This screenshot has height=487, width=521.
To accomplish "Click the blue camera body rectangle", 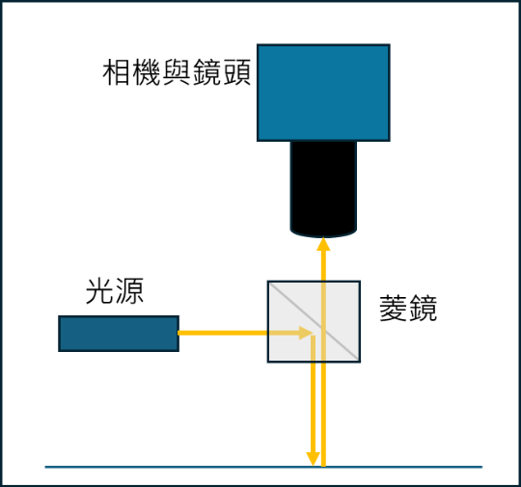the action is (323, 93).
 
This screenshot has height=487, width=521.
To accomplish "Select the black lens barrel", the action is (323, 189).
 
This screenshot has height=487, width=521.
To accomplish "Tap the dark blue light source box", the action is (119, 334).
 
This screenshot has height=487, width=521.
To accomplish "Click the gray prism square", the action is (314, 321).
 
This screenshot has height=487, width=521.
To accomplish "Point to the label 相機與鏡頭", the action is (177, 72).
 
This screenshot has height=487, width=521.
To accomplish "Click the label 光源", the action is (115, 291).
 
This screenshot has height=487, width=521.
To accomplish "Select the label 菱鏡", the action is (408, 308).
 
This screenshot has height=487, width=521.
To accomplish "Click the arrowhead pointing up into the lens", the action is (323, 244).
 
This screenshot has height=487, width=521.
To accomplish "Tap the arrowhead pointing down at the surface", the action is (313, 459).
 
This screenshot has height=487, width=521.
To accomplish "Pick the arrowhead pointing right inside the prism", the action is (306, 333).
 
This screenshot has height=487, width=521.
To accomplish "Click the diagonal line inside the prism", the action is (314, 321).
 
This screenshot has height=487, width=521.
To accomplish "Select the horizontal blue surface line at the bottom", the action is (263, 467).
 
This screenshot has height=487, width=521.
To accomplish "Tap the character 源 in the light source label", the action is (129, 291).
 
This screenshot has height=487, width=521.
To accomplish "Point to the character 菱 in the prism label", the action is (394, 308).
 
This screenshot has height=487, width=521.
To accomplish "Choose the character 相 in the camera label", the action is (117, 72).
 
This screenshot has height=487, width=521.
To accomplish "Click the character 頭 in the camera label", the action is (237, 72).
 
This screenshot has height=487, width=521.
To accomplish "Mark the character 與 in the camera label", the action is (177, 72).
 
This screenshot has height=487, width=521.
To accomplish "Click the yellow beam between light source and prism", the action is (223, 333).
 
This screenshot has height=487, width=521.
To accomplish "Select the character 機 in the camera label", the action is (147, 72).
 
